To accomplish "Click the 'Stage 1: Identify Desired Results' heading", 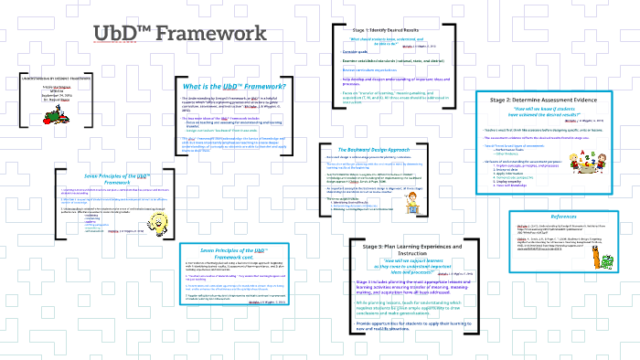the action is coord(393,31).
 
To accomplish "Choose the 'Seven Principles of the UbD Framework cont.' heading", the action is coord(232,253).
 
